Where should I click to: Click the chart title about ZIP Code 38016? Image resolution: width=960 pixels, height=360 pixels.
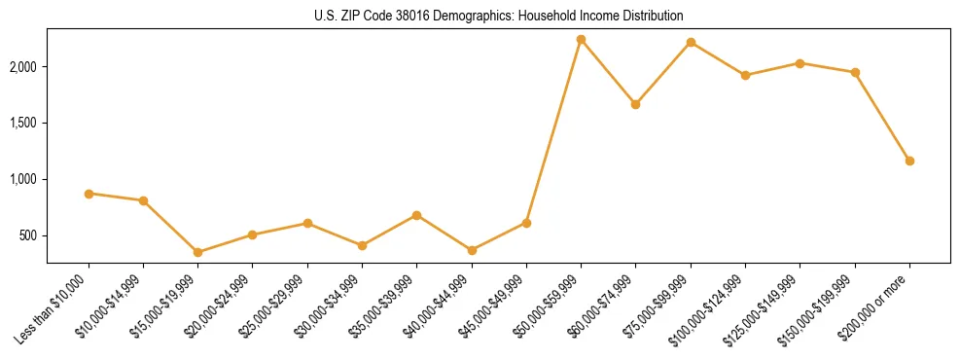tap(498, 16)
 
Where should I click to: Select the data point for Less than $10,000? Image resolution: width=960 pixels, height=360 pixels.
tap(89, 194)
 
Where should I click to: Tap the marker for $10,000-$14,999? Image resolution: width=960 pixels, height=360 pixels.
tap(143, 200)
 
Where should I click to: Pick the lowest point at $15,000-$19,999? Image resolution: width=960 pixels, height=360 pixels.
tap(197, 252)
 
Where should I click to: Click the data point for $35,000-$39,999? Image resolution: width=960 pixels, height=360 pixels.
tap(416, 215)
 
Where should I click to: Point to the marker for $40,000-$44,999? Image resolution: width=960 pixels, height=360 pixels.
tap(472, 250)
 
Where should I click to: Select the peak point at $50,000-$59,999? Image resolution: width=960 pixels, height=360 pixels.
tap(581, 40)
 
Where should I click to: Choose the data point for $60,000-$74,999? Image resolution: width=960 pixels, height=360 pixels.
tap(635, 104)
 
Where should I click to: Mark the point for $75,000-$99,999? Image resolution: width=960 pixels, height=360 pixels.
tap(691, 42)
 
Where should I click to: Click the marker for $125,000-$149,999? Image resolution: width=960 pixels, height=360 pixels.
tap(800, 63)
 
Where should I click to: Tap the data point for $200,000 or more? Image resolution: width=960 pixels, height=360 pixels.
tap(909, 161)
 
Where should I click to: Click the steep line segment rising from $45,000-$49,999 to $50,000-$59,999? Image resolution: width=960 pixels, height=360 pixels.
tap(553, 131)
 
